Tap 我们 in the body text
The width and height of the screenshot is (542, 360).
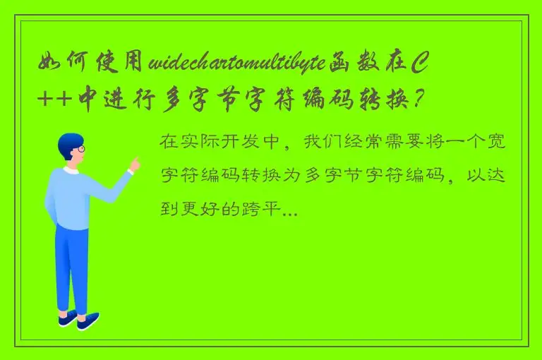coord(320,141)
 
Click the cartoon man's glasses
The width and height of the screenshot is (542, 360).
coord(80,149)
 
